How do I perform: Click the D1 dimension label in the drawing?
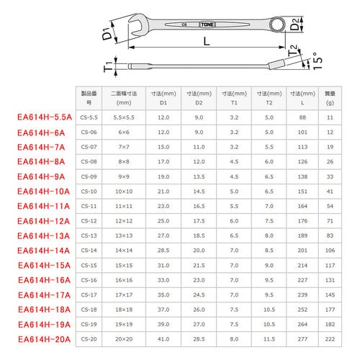(x=107, y=31)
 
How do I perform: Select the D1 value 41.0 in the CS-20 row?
(x=163, y=338)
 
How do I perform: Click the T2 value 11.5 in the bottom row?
(x=269, y=338)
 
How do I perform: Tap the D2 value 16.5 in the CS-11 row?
(x=199, y=206)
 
